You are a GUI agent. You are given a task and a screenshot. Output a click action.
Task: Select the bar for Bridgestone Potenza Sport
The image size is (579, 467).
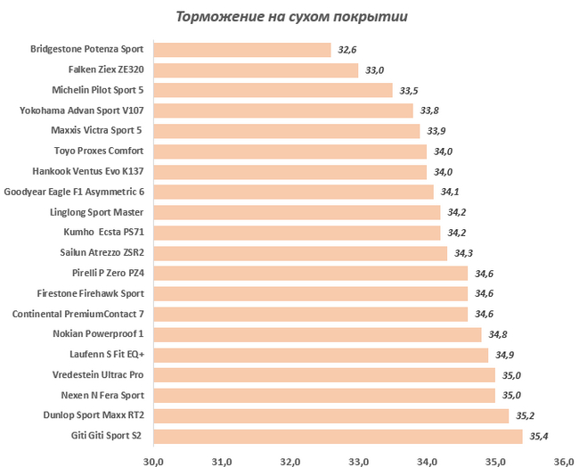[x=242, y=50]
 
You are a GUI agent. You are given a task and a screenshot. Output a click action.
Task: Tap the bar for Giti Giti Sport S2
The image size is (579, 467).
[x=338, y=436]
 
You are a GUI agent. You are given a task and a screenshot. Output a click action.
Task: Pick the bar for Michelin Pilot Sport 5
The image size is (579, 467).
[x=273, y=90]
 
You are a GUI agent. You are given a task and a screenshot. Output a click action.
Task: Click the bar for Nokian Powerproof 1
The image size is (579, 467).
[x=317, y=334]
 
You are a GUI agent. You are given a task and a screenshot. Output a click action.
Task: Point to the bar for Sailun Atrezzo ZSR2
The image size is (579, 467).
[x=300, y=253]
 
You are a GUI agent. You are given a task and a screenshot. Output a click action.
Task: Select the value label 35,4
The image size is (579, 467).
[x=540, y=437]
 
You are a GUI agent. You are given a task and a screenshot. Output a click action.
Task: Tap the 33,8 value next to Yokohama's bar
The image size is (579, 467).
[x=428, y=111]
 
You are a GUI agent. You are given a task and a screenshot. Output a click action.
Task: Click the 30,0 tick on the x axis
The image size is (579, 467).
[x=154, y=460]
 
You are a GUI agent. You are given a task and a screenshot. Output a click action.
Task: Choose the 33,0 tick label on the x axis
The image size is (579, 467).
[x=359, y=460]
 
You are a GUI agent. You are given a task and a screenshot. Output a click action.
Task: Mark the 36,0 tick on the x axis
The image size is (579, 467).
[x=564, y=460]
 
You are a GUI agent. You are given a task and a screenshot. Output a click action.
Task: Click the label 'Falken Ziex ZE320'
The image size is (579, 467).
[x=105, y=70]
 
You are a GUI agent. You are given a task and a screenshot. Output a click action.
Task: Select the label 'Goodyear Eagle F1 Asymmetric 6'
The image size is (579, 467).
[x=74, y=192]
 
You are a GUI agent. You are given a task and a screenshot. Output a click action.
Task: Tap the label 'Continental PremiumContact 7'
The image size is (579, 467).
[x=77, y=314]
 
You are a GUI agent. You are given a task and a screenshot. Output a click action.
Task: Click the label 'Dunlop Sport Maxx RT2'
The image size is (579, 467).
[x=94, y=415]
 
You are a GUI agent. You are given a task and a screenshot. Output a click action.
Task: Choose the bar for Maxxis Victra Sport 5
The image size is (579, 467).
[x=286, y=131]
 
